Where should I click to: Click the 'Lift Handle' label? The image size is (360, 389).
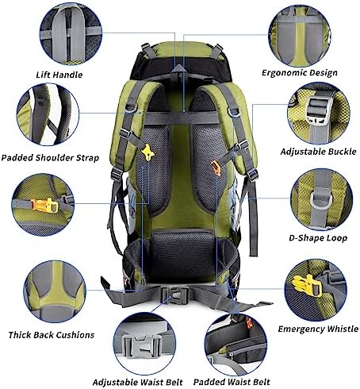[59, 75]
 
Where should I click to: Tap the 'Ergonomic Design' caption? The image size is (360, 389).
[300, 73]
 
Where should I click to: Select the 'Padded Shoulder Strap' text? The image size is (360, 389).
[50, 158]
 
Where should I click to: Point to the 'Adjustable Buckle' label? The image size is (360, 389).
[318, 152]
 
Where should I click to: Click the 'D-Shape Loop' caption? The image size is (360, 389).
[318, 238]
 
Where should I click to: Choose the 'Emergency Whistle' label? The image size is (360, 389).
[318, 329]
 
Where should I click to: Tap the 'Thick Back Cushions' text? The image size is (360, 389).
[52, 335]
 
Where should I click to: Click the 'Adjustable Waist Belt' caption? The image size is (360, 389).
[137, 383]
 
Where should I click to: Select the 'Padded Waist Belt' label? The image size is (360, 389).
[232, 382]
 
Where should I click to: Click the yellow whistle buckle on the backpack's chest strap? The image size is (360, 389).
[147, 152]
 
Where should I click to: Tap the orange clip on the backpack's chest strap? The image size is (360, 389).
[216, 168]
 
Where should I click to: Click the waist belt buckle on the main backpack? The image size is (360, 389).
[174, 295]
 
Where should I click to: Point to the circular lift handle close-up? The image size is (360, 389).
[71, 34]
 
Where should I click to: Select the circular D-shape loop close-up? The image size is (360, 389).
[321, 199]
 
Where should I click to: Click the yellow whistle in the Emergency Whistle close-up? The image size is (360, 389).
[307, 285]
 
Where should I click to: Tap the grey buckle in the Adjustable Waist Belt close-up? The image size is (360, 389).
[142, 345]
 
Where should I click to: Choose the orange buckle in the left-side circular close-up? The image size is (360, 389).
[44, 206]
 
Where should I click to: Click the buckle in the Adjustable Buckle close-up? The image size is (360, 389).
[318, 110]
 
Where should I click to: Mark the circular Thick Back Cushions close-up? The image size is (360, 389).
[55, 291]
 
